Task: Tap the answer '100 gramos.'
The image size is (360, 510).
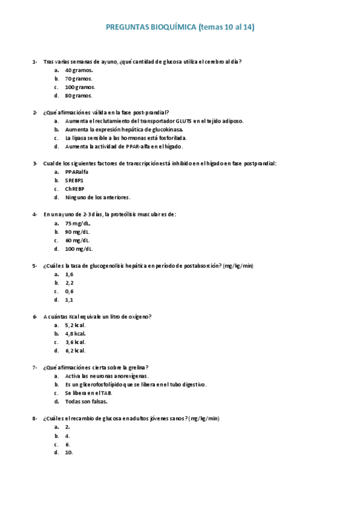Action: point(80,87)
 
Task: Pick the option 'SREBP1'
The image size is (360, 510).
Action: point(74,180)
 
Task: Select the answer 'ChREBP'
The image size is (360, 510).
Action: point(75,188)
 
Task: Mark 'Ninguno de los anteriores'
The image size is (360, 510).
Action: point(97,197)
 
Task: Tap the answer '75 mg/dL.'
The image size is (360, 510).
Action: point(78,223)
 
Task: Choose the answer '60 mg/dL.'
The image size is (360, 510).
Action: point(78,240)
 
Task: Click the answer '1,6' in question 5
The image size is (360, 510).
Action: point(69,274)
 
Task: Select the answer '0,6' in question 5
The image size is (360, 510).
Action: point(69,291)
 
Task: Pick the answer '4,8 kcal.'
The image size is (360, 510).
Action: point(76,333)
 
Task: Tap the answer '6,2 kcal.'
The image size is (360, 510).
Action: point(76,350)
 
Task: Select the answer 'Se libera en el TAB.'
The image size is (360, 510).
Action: point(88,393)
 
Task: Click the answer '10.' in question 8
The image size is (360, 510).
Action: point(69,452)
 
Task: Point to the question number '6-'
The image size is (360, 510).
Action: point(35,316)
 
